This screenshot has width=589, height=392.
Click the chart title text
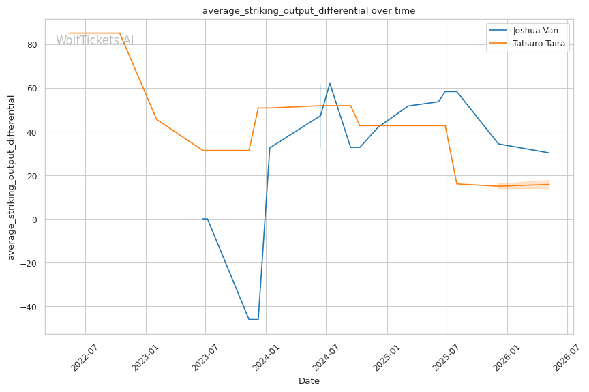309,11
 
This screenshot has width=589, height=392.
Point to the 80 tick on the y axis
32,45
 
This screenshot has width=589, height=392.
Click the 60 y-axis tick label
32,89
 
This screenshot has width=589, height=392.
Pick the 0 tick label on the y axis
35,220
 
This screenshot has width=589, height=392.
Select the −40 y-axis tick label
29,307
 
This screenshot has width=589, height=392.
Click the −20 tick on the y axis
29,263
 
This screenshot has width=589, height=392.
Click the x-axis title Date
309,381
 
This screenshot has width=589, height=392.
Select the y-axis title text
11,177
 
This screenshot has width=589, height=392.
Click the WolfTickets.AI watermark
95,40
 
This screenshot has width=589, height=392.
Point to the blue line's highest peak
330,83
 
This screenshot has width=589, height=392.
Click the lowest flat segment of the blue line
254,319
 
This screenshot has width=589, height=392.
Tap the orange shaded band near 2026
524,185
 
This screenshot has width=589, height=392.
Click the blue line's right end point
549,153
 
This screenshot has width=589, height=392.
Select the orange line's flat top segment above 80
94,33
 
